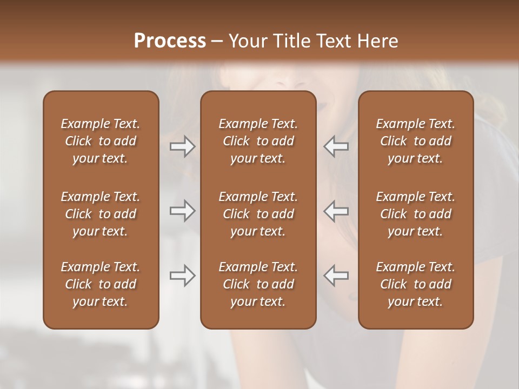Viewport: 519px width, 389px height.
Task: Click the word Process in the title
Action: tap(170, 41)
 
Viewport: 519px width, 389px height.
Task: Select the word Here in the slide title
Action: tap(378, 41)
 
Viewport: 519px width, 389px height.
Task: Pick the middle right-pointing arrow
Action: tap(183, 211)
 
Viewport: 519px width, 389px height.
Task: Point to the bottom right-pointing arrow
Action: tap(183, 276)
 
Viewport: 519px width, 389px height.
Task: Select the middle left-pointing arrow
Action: tap(336, 211)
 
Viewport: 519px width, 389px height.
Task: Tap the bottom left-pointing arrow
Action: tap(336, 276)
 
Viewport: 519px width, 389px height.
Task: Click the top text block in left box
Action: tap(101, 141)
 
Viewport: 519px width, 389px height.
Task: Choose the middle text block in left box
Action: tap(101, 214)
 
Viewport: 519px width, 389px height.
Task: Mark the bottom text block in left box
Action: tap(101, 284)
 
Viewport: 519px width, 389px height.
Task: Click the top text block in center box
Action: tap(258, 141)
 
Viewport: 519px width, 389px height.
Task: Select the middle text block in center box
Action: tap(258, 214)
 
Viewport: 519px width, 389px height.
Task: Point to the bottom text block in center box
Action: tap(258, 284)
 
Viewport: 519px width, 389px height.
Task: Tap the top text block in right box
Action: tap(415, 141)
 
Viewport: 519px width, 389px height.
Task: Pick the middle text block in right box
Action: tap(415, 214)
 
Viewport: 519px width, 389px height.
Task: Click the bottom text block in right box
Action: tap(415, 284)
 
